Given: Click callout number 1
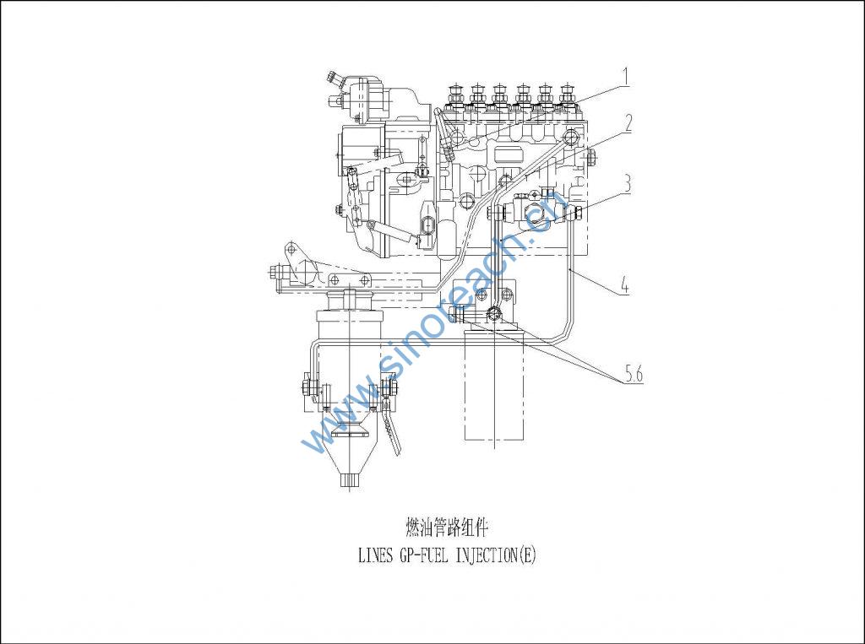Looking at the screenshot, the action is coord(625,76).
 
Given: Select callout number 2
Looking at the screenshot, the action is coord(627,123).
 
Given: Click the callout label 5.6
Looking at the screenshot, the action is coord(634,375).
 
